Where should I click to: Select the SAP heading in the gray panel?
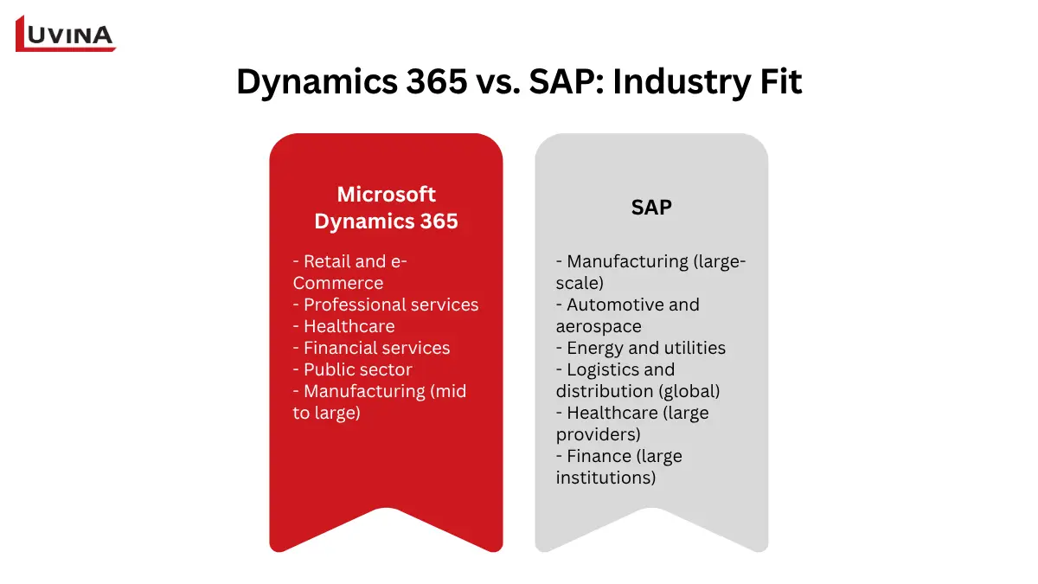click(x=651, y=208)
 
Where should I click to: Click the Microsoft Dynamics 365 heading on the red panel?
click(x=386, y=208)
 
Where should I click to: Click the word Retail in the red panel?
click(x=329, y=261)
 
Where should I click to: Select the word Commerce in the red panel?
click(x=338, y=283)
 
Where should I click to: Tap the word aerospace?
click(x=599, y=326)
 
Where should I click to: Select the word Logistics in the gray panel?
click(x=605, y=369)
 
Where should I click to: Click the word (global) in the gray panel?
click(x=689, y=391)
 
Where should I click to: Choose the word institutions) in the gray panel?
click(x=606, y=478)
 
